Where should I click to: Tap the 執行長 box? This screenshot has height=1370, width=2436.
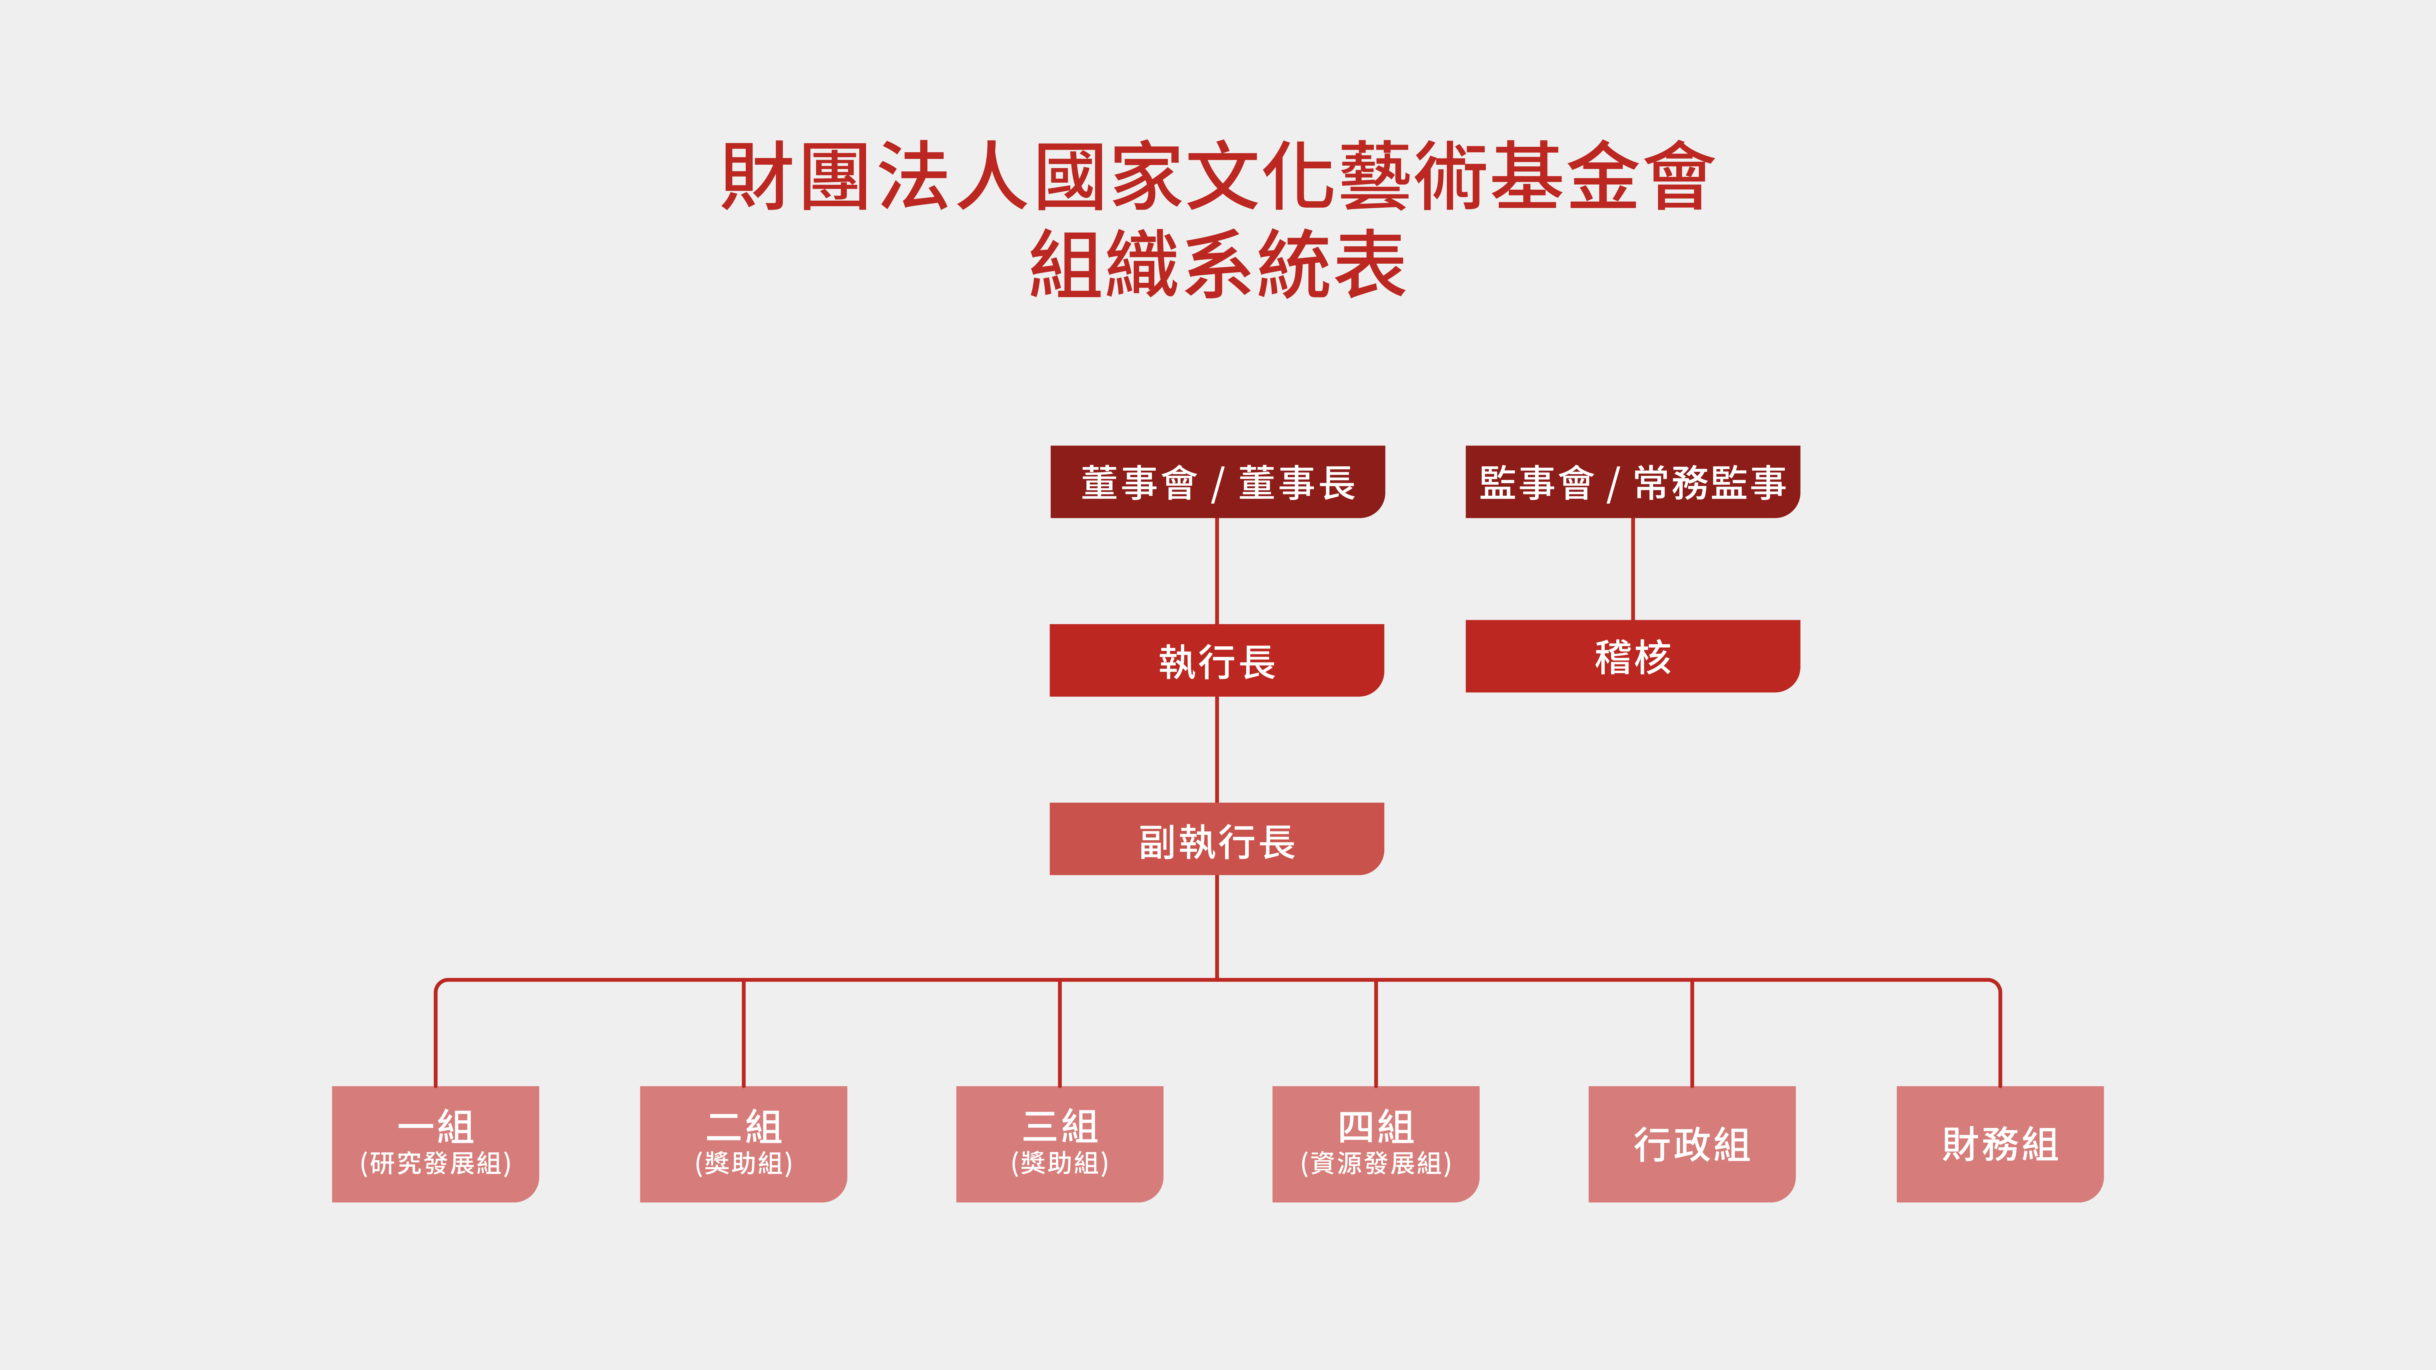pyautogui.click(x=1217, y=660)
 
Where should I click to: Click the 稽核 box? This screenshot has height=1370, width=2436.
pyautogui.click(x=1632, y=656)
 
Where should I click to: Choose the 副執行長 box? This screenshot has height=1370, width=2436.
pyautogui.click(x=1217, y=839)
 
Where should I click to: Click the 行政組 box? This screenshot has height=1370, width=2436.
pyautogui.click(x=1692, y=1144)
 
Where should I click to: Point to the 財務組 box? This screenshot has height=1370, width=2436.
pyautogui.click(x=2000, y=1144)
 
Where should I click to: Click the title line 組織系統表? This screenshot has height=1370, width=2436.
pyautogui.click(x=1217, y=265)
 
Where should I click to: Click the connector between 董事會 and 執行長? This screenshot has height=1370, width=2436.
pyautogui.click(x=1217, y=571)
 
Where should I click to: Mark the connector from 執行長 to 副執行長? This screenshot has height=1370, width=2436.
pyautogui.click(x=1217, y=750)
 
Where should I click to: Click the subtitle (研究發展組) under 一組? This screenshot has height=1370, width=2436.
pyautogui.click(x=435, y=1163)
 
